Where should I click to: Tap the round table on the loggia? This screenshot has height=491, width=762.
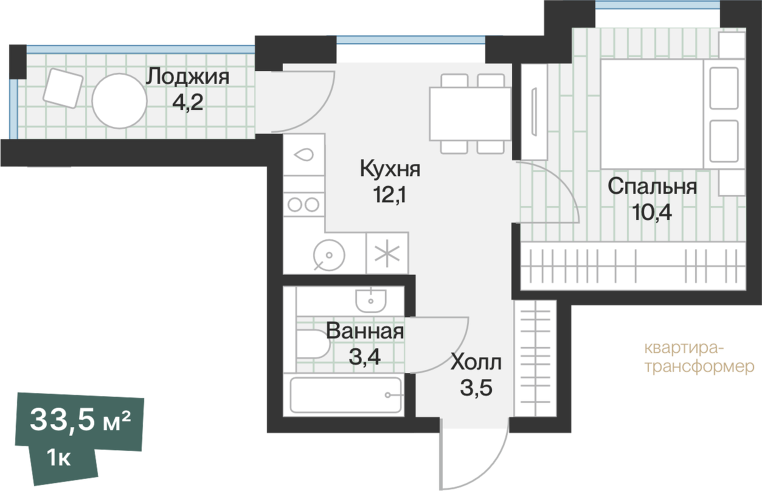point(119,101)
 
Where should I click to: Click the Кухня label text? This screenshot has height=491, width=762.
point(390,168)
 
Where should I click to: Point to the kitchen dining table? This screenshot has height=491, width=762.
point(470,114)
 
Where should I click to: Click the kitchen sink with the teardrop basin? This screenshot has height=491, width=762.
point(304,155)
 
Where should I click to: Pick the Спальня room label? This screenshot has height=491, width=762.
point(652,187)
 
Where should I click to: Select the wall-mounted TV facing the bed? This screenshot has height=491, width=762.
point(534,112)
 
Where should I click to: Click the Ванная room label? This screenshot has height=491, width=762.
point(365,331)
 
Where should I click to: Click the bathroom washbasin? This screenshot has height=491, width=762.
point(370,298)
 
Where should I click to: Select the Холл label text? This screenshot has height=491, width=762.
point(476,363)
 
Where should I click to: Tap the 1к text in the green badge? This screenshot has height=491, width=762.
point(58,457)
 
